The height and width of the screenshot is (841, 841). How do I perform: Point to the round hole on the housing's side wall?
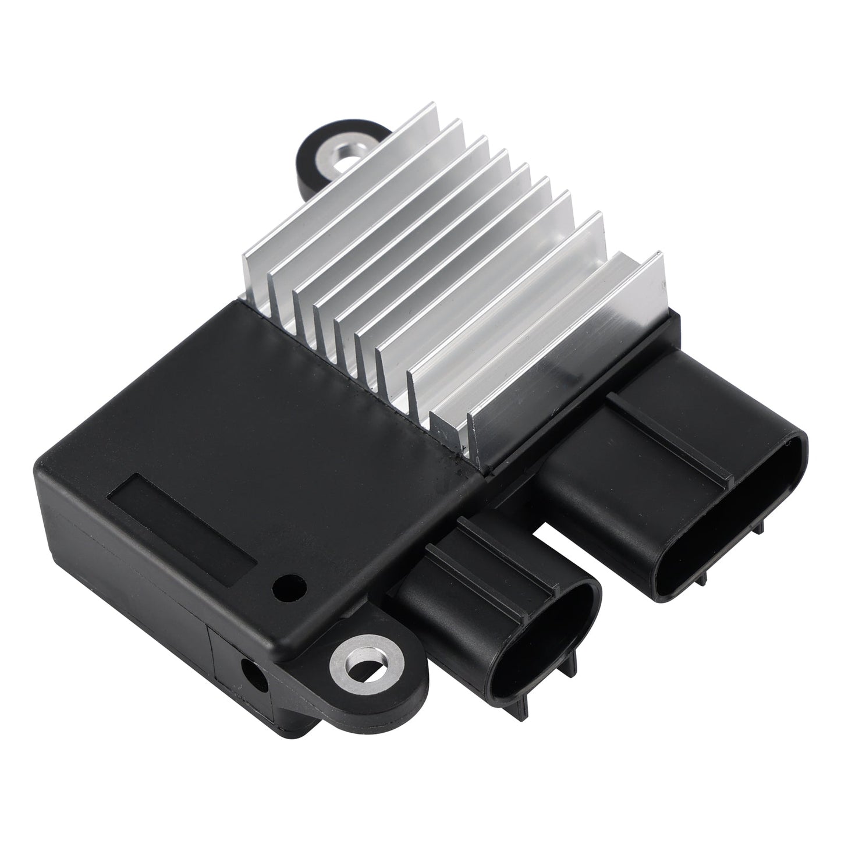254,677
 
